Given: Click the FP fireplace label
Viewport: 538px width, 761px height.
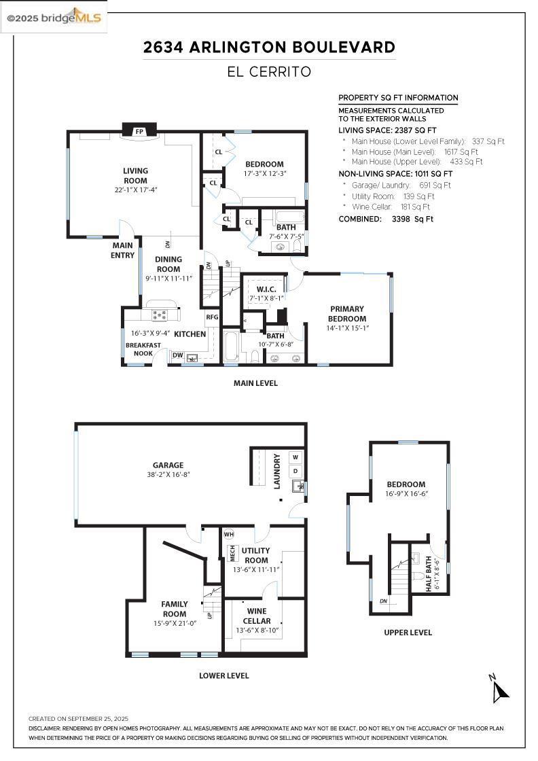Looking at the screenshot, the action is point(139,132).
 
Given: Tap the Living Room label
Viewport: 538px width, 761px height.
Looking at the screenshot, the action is point(135,176).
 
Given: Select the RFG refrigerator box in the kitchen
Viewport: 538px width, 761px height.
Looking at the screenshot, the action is point(212,317).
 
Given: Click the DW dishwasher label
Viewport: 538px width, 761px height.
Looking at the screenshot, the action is point(178,355).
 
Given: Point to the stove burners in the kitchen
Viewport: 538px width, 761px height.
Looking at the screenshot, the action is point(159,315).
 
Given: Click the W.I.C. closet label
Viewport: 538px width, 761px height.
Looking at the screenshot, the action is point(266,289).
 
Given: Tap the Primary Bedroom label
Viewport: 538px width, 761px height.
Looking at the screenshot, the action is point(347,313).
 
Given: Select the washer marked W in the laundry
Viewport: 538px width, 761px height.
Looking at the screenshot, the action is point(295,457).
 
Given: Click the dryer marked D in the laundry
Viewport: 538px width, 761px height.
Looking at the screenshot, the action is point(295,471).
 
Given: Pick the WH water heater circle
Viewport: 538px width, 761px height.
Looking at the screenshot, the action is point(228,534).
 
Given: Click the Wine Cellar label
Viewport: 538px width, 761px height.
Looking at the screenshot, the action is point(257,616).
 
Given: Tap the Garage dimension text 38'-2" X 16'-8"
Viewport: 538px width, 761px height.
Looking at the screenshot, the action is point(168,475).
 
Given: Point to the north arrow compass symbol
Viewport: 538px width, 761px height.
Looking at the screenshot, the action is point(499,689).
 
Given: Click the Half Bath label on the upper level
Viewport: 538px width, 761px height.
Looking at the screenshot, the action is point(429,573).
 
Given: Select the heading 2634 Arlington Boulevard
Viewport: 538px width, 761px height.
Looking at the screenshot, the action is point(269,47).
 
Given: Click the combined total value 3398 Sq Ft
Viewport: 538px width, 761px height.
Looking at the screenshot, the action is point(412,219).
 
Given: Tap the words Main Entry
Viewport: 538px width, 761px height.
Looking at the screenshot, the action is point(123,250).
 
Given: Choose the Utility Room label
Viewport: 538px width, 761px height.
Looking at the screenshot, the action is point(255,555).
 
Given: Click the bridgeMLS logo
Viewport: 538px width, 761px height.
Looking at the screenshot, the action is point(54,18).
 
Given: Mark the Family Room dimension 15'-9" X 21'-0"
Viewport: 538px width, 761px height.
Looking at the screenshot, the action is point(175,623).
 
